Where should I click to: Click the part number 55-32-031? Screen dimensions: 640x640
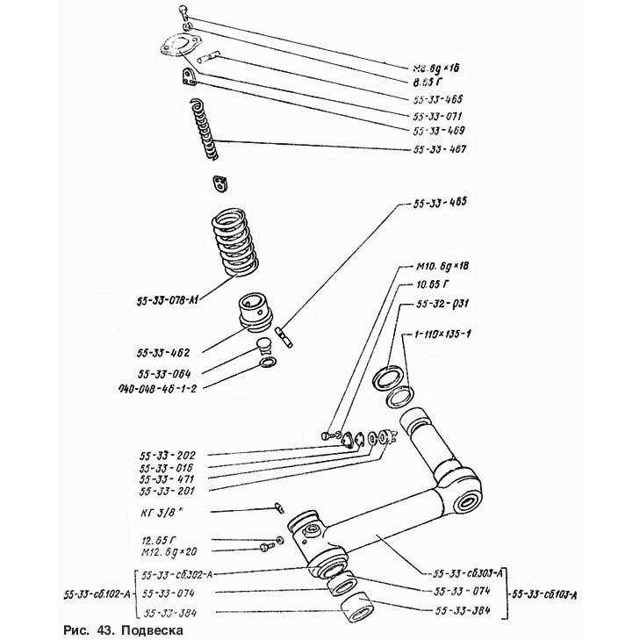pos(436,304)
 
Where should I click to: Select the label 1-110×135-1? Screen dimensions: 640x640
pos(438,335)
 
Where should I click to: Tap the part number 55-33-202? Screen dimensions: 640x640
pos(168,456)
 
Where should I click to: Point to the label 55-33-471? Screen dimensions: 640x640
pos(168,479)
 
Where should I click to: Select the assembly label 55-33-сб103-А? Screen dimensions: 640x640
pos(550,593)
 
